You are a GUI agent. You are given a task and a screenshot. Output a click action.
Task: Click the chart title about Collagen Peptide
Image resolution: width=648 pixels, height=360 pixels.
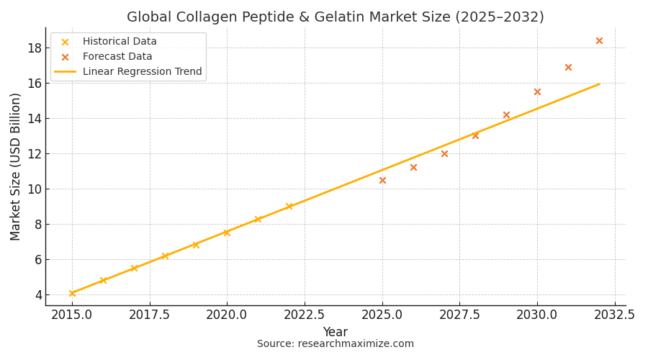[335, 17]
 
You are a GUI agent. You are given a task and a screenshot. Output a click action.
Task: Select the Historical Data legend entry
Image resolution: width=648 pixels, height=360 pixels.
[119, 42]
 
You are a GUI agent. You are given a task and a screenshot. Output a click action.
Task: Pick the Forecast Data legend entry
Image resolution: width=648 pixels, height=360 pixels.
[117, 57]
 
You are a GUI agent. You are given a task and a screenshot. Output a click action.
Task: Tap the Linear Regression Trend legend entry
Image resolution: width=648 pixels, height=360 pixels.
[141, 72]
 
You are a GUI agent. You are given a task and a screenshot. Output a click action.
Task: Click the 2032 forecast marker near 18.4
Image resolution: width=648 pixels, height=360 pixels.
[599, 41]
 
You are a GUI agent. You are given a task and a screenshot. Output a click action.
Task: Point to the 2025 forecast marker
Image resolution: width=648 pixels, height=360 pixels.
[382, 180]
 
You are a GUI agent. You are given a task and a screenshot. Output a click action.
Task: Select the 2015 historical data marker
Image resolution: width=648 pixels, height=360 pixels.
[72, 293]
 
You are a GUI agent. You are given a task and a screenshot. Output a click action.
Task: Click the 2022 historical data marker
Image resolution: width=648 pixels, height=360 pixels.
[289, 207]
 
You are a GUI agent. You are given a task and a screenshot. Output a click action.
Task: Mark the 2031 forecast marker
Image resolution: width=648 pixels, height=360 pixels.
[568, 68]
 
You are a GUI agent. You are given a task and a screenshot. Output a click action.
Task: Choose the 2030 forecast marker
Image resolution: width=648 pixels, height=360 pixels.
[537, 92]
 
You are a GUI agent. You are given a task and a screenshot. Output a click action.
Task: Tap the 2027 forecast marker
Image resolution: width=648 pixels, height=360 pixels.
[444, 153]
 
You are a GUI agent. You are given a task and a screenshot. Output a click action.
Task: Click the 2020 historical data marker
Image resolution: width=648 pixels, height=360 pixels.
[227, 233]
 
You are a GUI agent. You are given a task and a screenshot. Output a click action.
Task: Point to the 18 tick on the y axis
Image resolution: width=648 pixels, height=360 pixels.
[34, 48]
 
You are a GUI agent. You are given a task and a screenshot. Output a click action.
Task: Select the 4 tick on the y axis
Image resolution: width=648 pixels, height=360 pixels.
[37, 295]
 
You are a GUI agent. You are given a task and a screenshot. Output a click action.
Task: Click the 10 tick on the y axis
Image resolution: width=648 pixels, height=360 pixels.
[34, 189]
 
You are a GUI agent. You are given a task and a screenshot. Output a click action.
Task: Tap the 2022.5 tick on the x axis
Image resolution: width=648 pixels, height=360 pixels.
[305, 315]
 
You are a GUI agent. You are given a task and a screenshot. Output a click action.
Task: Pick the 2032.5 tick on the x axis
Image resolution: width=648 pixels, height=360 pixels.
[614, 315]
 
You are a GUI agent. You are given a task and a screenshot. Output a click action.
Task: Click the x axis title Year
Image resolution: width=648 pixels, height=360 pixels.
[335, 332]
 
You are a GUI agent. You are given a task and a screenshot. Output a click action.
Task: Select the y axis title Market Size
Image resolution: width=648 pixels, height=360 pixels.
[16, 166]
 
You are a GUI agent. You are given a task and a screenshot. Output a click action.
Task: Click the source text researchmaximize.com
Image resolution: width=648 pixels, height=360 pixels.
[335, 344]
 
